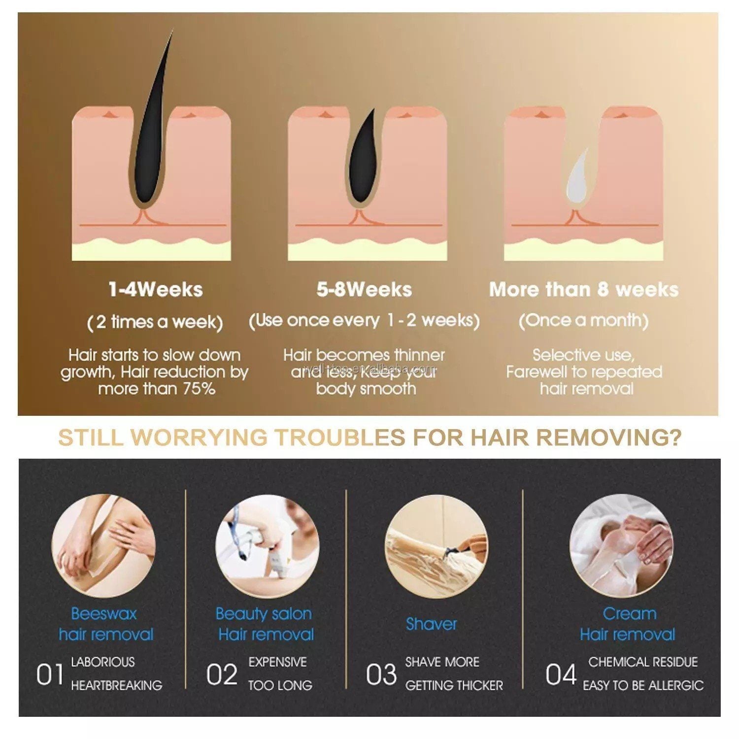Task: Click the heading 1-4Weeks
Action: pos(155,289)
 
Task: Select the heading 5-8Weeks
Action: pos(364,289)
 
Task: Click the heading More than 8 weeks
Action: pos(584,289)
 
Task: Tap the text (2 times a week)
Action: pos(155,322)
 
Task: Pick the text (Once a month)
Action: pos(584,321)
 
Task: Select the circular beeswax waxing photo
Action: pos(103,547)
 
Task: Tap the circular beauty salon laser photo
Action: pos(267,547)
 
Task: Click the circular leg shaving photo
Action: pos(437,547)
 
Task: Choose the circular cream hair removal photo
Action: pos(620,547)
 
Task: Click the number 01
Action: pos(50,674)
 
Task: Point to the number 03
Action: pos(381,674)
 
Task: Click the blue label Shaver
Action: pos(432,624)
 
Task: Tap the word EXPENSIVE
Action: pos(277,662)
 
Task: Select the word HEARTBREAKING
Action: pos(116,685)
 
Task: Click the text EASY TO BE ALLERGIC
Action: pos(643,685)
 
